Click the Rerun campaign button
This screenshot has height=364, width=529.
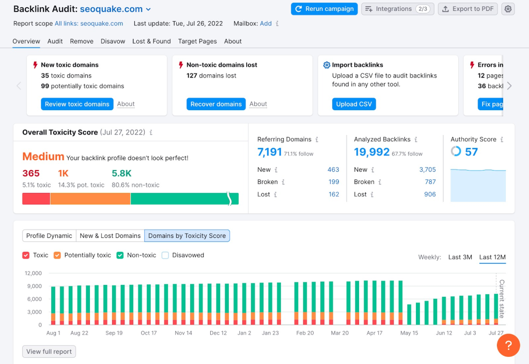point(324,9)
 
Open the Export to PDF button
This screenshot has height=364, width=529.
point(468,9)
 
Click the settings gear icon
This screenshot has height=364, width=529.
point(508,9)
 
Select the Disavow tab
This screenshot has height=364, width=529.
point(113,41)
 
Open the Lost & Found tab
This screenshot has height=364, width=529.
point(151,41)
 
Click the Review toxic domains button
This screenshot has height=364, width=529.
point(77,104)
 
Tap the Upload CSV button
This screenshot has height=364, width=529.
point(354,104)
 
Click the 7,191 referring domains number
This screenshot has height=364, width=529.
point(270,152)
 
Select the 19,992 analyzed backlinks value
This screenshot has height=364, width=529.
point(371,152)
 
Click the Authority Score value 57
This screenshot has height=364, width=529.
point(471,152)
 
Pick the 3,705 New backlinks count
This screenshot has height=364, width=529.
point(427,170)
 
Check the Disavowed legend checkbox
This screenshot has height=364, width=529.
point(165,255)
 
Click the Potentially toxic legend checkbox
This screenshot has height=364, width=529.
point(57,255)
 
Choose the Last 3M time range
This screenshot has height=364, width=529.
point(460,257)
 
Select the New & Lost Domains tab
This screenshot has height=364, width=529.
point(110,236)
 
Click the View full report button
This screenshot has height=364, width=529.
point(49,352)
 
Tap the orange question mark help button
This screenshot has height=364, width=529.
point(508,345)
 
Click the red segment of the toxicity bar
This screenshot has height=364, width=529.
point(36,199)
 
